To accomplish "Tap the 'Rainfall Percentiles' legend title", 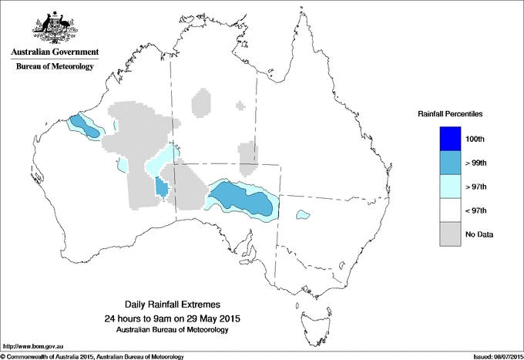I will click(450, 113).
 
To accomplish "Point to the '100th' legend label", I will click(476, 139).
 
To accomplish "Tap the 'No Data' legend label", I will click(479, 234).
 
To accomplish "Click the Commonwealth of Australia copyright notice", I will click(92, 356).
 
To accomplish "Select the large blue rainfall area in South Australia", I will click(243, 199).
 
